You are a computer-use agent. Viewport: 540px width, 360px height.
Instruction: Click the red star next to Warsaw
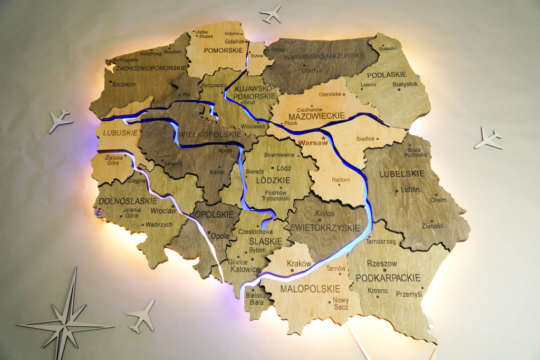pos(323,138)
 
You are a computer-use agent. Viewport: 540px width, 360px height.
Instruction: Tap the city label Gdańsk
pos(234,41)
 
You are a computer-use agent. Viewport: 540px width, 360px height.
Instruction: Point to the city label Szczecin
pos(124,84)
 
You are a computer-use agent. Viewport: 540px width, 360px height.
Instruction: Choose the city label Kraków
pos(299,263)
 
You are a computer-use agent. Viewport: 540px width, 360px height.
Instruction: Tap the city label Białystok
pos(405,84)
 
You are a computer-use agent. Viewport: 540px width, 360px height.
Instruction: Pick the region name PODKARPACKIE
pos(388,277)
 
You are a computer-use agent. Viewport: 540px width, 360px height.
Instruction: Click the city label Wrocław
pos(163,211)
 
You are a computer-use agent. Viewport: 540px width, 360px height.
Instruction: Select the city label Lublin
pos(410,189)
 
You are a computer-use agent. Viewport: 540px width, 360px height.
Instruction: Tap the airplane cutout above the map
pos(271,14)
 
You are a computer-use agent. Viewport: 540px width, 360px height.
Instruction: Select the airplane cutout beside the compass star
pos(141,315)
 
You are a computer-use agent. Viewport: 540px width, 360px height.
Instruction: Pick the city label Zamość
pos(432,226)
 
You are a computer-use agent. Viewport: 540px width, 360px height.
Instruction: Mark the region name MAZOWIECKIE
pos(316,115)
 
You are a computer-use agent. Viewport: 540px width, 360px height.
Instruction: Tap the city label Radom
pos(341,180)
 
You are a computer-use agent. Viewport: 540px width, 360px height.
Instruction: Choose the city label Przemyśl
pos(409,294)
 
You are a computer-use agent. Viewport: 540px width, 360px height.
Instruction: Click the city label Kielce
pos(325,213)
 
